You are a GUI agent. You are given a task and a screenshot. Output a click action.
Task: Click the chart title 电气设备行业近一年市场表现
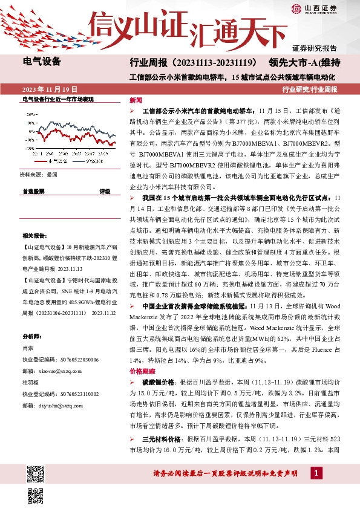click(58, 99)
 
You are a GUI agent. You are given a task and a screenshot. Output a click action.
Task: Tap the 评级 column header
click(105, 190)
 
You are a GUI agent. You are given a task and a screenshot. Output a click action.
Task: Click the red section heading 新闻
click(136, 100)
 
